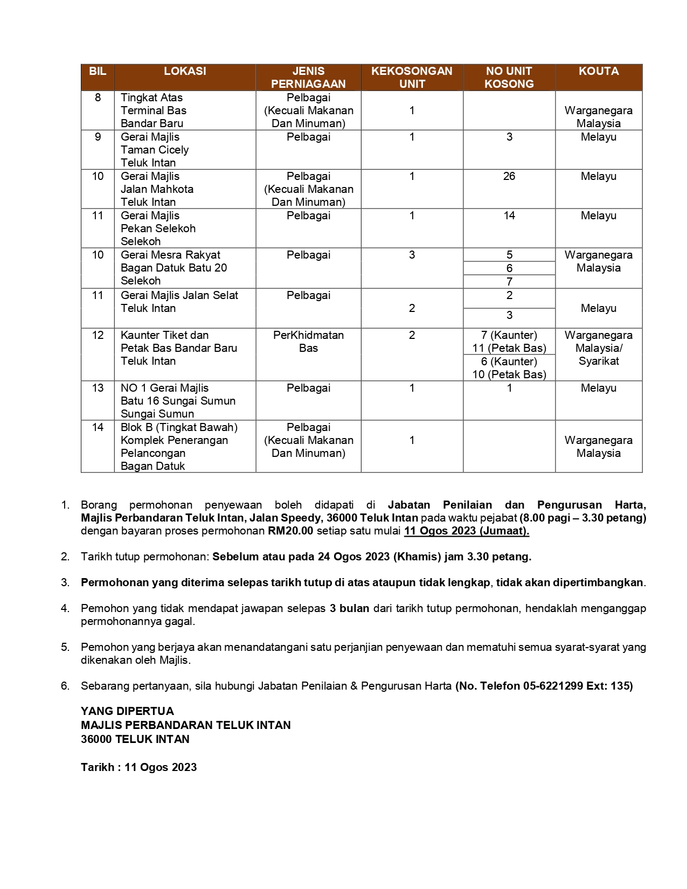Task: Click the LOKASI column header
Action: coord(185,71)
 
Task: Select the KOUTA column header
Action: coord(598,71)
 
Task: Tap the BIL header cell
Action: coord(98,71)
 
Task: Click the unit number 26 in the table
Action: coord(509,176)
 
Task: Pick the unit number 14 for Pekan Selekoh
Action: coord(509,216)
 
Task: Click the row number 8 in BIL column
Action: coord(98,98)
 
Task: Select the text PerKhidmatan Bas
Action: coord(308,342)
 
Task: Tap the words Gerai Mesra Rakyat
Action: coord(170,255)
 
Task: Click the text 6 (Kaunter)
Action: coord(509,362)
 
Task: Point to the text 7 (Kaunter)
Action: coord(509,335)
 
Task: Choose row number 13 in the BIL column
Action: coord(98,388)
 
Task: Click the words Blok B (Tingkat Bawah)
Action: coord(179,427)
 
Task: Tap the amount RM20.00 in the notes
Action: coord(290,531)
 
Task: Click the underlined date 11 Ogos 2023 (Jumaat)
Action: coord(467,531)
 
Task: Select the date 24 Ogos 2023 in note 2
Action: coord(353,557)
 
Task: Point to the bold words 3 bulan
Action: coord(349,608)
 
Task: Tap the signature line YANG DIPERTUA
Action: coord(127,711)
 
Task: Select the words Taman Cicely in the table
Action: coord(155,150)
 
